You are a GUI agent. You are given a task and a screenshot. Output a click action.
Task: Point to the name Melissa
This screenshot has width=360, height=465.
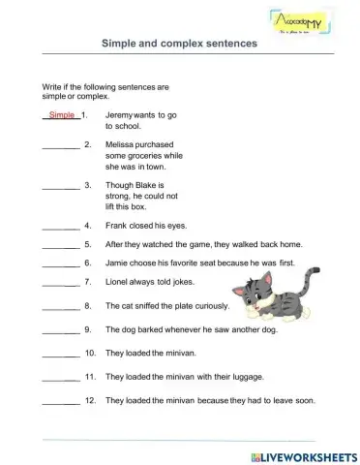pyautogui.click(x=122, y=144)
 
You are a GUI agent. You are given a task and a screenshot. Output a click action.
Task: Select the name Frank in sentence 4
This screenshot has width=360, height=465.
pyautogui.click(x=118, y=225)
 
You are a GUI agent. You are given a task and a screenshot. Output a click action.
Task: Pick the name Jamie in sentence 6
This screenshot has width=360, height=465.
pyautogui.click(x=119, y=263)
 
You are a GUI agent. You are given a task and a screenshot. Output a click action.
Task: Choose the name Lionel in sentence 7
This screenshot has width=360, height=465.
pyautogui.click(x=119, y=282)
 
